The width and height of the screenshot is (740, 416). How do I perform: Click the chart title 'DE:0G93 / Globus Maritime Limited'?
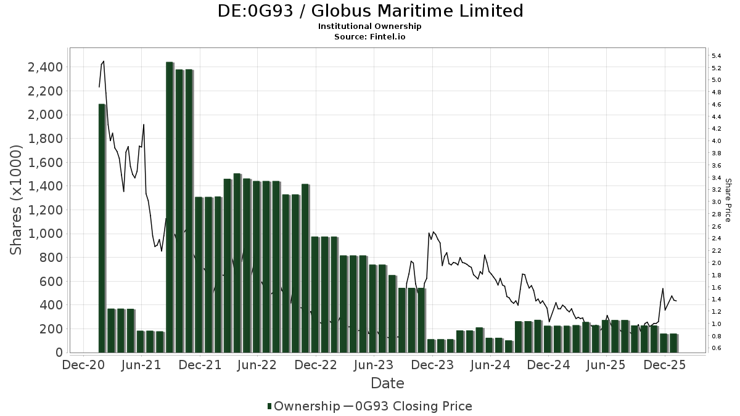coord(370,11)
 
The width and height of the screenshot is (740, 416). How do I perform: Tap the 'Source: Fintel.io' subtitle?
coord(370,36)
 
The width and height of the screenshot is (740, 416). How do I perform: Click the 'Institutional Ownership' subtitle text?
coord(370,27)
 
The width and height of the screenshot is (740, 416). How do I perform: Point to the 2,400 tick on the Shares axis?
coord(45,67)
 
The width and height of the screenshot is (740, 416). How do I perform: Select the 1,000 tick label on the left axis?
coord(45,234)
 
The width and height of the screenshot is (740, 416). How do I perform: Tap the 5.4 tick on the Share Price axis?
coord(717,56)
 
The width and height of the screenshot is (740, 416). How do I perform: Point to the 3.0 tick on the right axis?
coord(717,202)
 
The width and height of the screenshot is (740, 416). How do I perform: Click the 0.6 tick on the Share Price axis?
coord(717,348)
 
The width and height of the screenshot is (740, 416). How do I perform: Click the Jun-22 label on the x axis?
coord(258,365)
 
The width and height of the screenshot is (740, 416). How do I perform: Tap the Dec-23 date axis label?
coord(432,365)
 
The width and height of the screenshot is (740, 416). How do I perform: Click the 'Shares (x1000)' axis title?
coord(17,200)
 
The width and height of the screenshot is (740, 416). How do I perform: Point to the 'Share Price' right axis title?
coord(728,200)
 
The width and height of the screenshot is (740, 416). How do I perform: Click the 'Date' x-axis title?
coord(387,383)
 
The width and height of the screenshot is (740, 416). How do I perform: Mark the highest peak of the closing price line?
coord(104,61)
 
